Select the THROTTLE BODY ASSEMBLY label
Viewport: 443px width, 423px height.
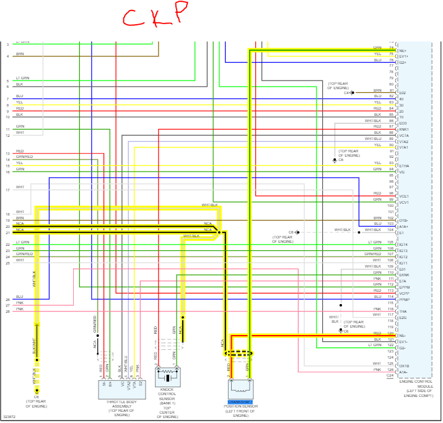[122, 406]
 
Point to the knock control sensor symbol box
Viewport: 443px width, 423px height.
[167, 378]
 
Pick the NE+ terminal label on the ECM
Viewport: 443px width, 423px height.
[403, 50]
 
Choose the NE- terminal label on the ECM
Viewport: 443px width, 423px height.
[403, 335]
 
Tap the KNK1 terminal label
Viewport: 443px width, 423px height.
[403, 129]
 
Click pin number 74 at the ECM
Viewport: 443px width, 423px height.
[391, 48]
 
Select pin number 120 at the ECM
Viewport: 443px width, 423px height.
[390, 333]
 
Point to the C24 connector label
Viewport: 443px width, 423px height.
[390, 375]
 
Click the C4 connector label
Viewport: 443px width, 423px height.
[347, 93]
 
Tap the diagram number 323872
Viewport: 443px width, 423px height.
[9, 416]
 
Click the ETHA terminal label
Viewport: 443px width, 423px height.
[404, 166]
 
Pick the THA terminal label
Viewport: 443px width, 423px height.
[403, 312]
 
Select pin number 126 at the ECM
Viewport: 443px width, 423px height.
[390, 369]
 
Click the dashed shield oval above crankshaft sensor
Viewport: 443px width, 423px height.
[239, 354]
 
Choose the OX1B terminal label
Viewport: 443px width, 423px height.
[404, 365]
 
